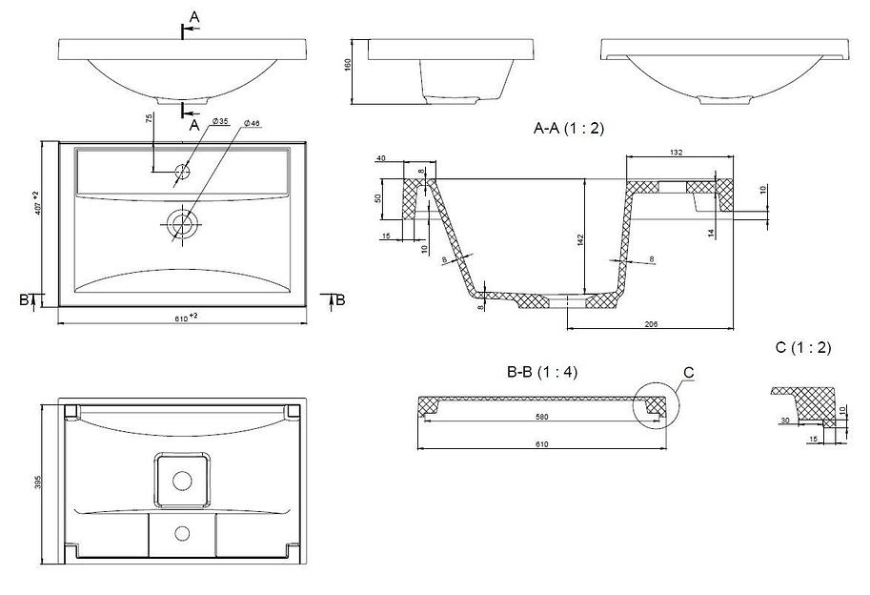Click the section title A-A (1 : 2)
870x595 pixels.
point(569,127)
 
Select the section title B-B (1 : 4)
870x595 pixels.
point(542,372)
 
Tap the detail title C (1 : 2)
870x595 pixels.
point(803,348)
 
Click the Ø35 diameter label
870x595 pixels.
point(220,121)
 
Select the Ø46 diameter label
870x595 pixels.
point(253,124)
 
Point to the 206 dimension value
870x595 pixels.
point(651,324)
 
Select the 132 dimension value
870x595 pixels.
point(676,153)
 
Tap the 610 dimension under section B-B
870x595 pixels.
point(541,444)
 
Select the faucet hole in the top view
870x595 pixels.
point(182,173)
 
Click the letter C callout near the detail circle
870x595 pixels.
point(689,371)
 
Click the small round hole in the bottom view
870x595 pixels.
point(182,530)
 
